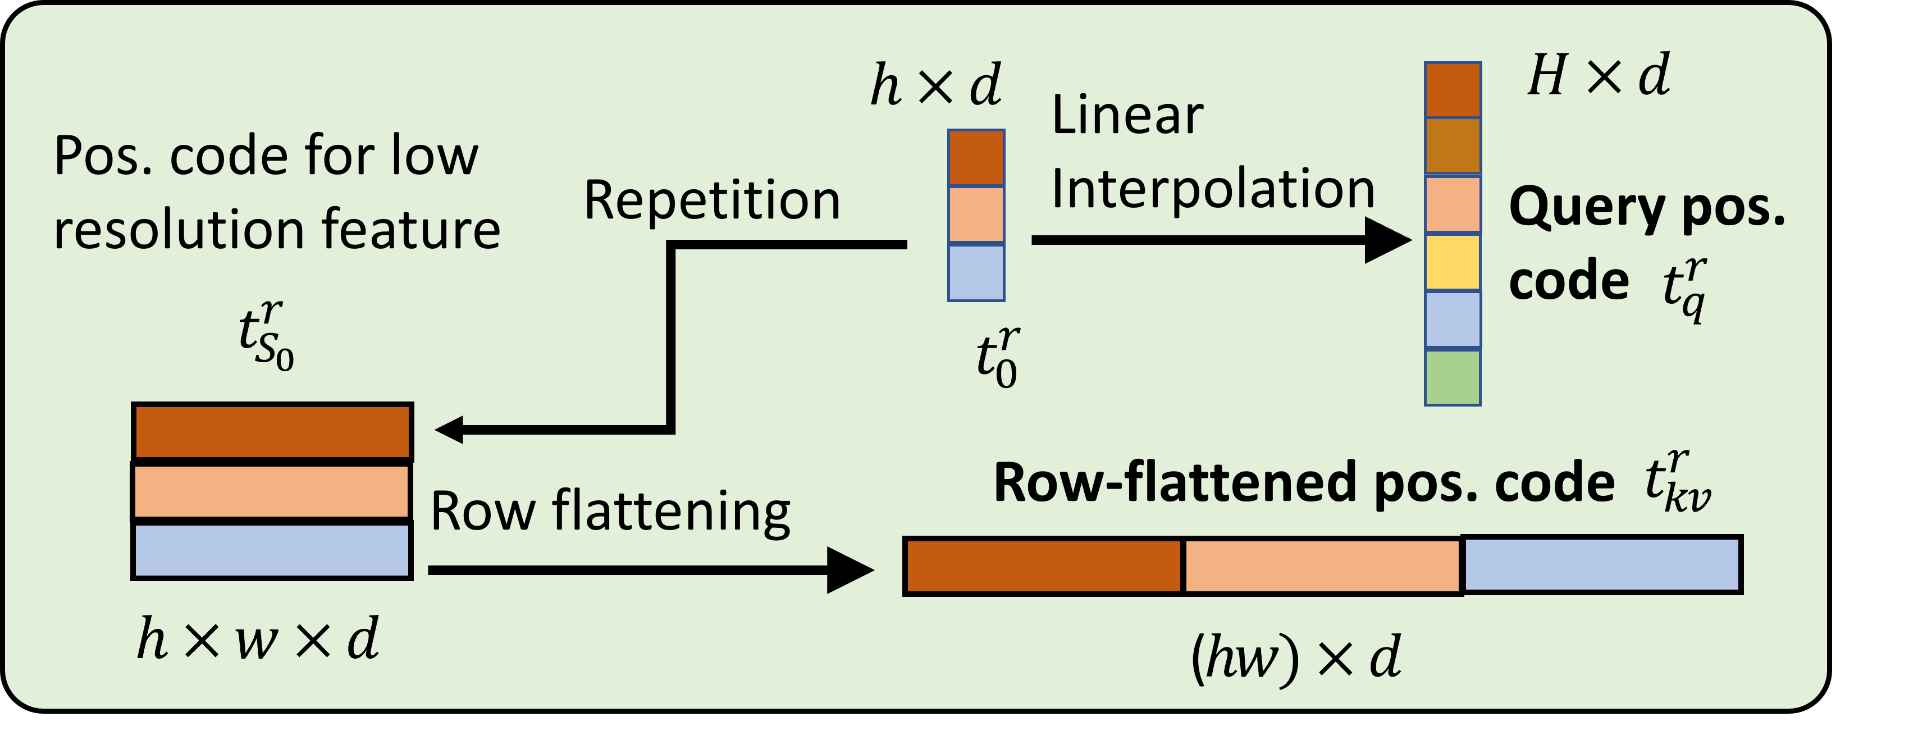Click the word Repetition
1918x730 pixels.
coord(712,200)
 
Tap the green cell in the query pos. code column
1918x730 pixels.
coord(1452,378)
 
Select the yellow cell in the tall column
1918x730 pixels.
coord(1452,262)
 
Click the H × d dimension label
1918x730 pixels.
coord(1598,76)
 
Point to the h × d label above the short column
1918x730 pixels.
coord(936,86)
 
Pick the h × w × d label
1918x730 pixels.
coord(258,639)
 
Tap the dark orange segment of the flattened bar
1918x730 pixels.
coord(1043,567)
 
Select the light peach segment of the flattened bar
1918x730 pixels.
coord(1322,567)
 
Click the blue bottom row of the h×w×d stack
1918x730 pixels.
coord(272,550)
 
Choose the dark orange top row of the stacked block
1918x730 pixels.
coord(272,431)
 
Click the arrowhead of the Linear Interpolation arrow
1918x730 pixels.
coord(1388,240)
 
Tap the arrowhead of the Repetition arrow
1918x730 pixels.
coord(450,429)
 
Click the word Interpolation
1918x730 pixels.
coord(1212,189)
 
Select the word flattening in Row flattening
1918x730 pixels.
coord(670,513)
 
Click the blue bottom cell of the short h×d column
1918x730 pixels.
coord(976,273)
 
